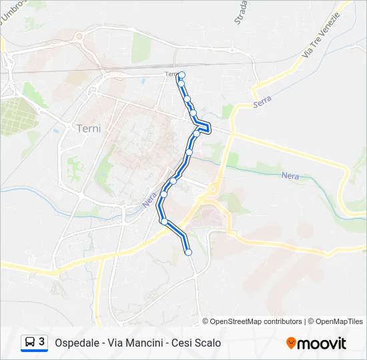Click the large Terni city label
tap(89, 128)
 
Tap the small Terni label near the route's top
tap(171, 74)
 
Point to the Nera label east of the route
tap(290, 175)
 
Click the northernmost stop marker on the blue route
tap(181, 75)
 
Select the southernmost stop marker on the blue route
tap(188, 252)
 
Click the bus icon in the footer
tap(29, 343)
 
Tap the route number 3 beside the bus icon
tap(41, 342)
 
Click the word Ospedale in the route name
tap(77, 343)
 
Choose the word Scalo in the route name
tap(208, 343)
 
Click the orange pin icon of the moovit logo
tap(291, 343)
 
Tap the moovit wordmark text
tap(322, 343)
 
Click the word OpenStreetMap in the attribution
tap(236, 321)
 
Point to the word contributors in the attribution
tap(282, 321)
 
